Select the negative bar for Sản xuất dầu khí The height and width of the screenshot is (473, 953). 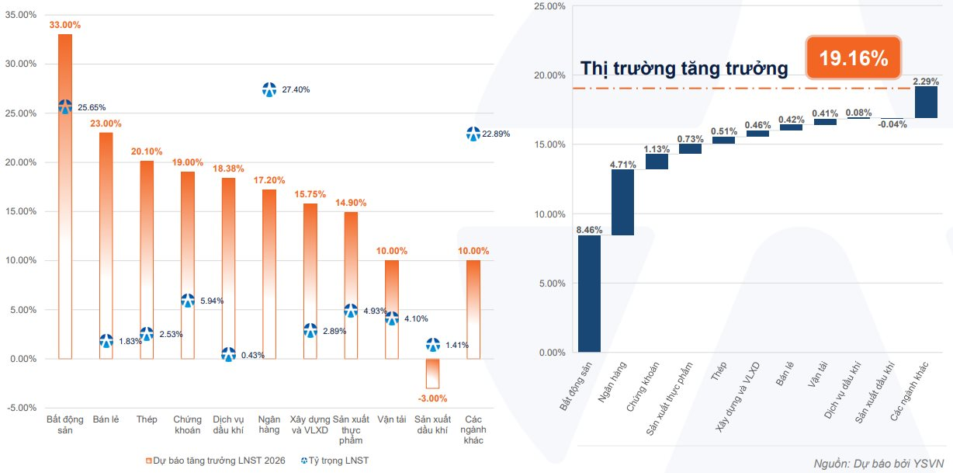432,374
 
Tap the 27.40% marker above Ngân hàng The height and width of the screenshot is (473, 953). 269,89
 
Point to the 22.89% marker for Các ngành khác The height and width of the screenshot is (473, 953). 473,134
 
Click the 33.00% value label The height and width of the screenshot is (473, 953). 65,25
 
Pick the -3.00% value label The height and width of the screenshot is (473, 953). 432,398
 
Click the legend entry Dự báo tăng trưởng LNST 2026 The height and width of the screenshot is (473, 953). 215,461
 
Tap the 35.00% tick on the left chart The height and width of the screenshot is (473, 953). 21,15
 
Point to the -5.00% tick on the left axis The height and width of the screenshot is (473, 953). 21,408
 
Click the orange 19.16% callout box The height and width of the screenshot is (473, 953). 853,57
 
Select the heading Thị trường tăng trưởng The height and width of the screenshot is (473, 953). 684,68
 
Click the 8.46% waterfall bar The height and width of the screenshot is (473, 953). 590,294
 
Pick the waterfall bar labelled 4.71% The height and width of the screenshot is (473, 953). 623,202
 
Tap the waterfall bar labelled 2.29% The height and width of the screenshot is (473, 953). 926,102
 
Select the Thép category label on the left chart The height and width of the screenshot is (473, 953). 147,419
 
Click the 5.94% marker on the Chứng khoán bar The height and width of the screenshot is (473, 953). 188,301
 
